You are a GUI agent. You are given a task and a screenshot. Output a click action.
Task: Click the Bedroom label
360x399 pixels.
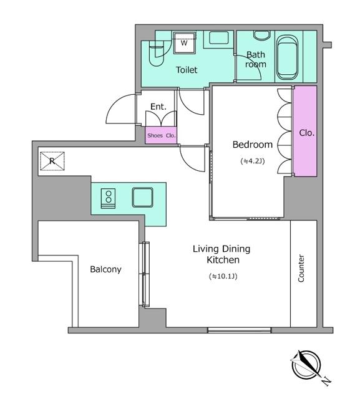click(252, 145)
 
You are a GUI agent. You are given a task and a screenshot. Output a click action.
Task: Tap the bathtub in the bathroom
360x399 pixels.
click(287, 57)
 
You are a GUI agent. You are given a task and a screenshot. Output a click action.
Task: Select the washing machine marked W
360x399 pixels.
click(184, 42)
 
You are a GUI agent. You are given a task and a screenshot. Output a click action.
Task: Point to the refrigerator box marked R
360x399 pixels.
click(52, 161)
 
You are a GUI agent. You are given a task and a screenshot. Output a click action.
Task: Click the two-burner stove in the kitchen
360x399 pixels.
click(108, 198)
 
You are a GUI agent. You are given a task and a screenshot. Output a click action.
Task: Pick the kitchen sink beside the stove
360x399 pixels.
click(143, 197)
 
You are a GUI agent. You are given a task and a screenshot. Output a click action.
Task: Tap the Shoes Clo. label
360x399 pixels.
click(162, 136)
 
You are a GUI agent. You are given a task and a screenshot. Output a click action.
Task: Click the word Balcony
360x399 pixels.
click(105, 269)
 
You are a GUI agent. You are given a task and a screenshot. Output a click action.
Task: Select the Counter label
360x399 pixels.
click(301, 268)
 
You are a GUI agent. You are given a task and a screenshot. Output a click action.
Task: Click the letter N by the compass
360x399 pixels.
click(326, 381)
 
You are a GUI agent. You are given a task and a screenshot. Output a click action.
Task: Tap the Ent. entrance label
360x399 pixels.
click(158, 107)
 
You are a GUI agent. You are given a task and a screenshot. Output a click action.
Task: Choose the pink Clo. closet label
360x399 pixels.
click(306, 133)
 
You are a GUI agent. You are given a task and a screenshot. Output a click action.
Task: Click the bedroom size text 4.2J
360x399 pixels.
click(253, 161)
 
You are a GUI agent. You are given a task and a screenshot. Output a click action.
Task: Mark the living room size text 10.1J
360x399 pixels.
click(223, 276)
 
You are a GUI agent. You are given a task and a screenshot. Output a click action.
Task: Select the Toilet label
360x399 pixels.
click(187, 70)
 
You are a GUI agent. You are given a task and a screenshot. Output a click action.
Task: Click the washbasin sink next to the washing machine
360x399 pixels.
click(218, 37)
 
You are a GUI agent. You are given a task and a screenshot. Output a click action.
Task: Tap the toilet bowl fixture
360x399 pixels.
click(156, 55)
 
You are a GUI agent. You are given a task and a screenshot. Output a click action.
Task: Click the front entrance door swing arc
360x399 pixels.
click(120, 109)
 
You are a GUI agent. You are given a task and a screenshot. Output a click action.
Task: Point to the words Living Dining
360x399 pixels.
click(221, 249)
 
